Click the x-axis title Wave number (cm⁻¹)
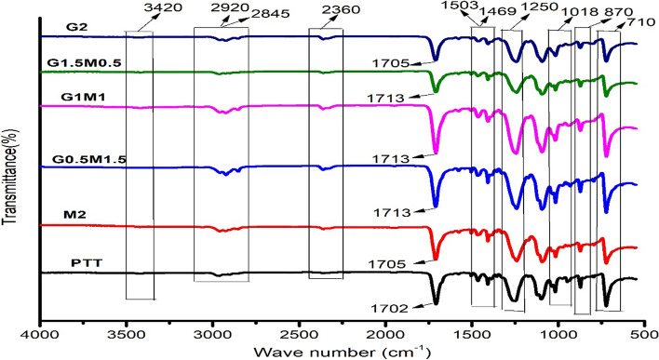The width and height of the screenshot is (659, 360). coord(340,352)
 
